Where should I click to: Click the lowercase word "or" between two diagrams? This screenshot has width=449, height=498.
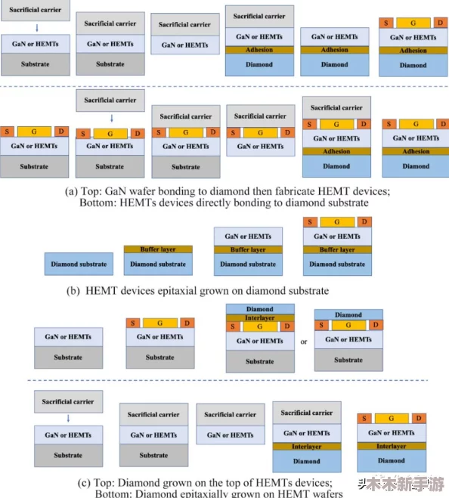click(304, 342)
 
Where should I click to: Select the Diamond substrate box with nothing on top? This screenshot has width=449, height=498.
click(79, 264)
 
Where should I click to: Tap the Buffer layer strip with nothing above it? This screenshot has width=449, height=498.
click(158, 249)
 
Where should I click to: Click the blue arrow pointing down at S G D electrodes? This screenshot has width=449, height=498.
click(112, 119)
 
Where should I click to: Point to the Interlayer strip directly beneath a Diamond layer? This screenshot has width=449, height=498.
click(260, 318)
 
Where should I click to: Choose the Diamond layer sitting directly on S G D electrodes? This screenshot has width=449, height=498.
click(348, 314)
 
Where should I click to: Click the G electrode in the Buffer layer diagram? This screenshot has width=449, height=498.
click(337, 222)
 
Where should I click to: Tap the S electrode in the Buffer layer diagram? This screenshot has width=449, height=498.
click(310, 221)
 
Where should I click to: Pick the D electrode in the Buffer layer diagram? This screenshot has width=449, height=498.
click(364, 221)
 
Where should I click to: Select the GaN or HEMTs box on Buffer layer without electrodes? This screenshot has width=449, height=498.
click(248, 237)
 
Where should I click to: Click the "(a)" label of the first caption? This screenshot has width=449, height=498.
click(71, 191)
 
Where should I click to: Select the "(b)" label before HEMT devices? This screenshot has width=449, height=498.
click(73, 291)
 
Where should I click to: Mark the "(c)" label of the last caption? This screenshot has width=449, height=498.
click(84, 483)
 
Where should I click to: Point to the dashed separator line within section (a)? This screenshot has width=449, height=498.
click(224, 86)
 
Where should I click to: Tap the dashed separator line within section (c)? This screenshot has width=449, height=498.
click(228, 380)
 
